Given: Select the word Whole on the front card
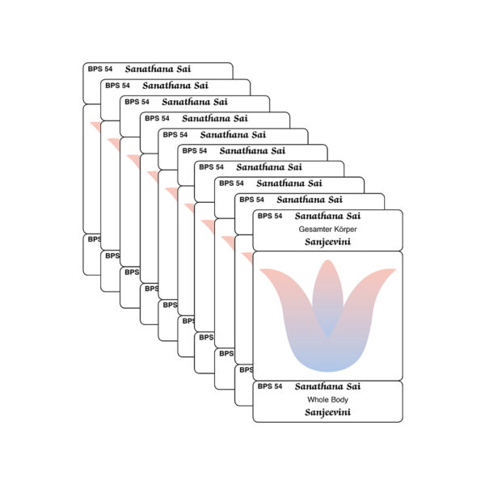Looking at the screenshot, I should coord(317,399).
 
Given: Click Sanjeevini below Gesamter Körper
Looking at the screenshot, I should coord(327,242).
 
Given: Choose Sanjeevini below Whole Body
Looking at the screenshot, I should coord(327,412).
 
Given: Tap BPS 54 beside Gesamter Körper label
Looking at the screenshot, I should coord(270,216).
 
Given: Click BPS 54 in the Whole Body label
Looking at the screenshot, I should coord(270,386).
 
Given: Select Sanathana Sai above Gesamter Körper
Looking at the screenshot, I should coord(327,216).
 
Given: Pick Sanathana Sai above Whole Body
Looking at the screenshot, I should coord(327,386).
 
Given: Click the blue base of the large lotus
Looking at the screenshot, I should coord(327,360).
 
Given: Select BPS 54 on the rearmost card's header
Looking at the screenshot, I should coord(100,70).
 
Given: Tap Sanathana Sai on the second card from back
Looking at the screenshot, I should coord(175,85).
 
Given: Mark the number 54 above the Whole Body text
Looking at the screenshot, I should coord(277,386).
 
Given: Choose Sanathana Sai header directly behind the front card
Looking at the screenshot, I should coord(310,199).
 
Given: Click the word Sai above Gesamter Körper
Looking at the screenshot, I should coord(352,216).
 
